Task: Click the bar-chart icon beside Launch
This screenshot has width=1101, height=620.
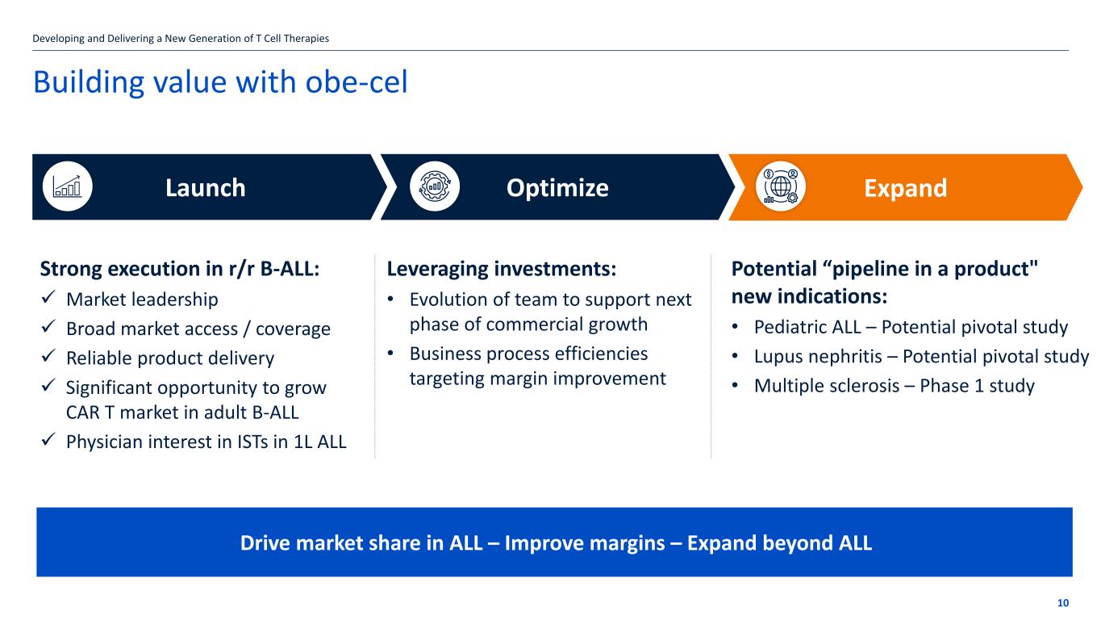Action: coord(67,186)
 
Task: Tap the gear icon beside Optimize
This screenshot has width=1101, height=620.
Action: coord(435,186)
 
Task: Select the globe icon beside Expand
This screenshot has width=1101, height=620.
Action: coord(781,186)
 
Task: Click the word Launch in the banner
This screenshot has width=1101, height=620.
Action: coord(206,188)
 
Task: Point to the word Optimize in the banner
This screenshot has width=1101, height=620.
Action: coord(557,188)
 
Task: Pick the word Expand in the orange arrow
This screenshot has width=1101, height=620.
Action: coord(905,188)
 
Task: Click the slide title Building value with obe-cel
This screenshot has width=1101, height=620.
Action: coord(220,82)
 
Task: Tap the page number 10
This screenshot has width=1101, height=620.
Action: coord(1062,603)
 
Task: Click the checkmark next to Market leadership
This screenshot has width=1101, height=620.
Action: coord(48,297)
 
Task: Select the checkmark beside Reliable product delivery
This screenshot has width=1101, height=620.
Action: coord(48,356)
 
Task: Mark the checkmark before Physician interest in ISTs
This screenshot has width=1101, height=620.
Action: coord(48,439)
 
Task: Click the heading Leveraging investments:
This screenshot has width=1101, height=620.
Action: coord(502,269)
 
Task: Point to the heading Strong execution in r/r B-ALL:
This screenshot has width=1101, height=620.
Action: coord(179,269)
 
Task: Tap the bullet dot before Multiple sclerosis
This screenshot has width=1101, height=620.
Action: coord(735,386)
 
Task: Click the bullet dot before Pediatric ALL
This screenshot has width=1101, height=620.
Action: coord(735,327)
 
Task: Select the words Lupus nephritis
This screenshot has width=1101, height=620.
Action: coord(818,357)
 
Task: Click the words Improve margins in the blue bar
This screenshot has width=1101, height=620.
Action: coord(585,543)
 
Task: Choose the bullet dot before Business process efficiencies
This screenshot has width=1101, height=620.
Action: coord(390,354)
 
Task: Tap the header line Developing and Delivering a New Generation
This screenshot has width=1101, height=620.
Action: coord(181,39)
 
